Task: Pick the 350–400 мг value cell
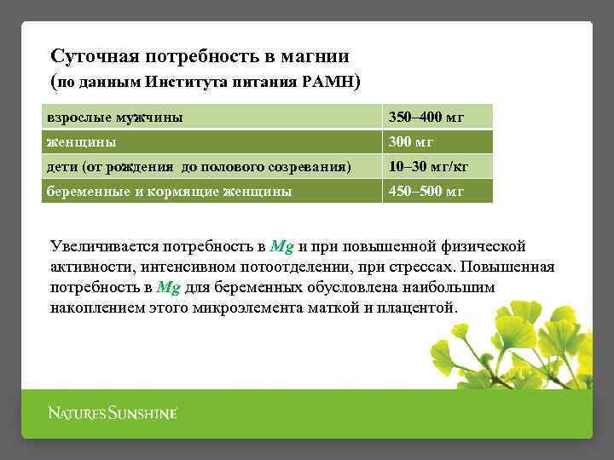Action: pos(426,117)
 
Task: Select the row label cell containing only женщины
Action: pos(82,141)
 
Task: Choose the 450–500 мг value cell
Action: pos(426,191)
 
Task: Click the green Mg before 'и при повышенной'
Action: pos(281,247)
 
